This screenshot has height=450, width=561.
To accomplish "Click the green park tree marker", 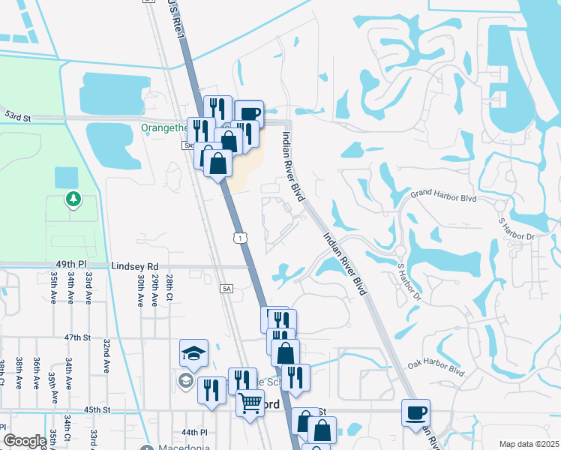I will (x=73, y=199).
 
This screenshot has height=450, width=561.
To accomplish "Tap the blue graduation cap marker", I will (x=193, y=353).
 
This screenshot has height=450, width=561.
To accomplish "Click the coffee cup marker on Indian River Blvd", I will (x=415, y=412).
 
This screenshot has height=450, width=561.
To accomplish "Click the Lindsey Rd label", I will (x=135, y=266).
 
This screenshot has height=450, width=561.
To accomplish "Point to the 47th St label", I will (x=77, y=338).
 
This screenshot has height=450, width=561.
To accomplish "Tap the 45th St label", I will (x=97, y=409).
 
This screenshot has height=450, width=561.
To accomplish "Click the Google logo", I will (x=24, y=441).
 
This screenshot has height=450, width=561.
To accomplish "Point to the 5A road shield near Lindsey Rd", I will (x=226, y=288).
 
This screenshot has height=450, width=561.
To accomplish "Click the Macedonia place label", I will (x=184, y=448).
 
